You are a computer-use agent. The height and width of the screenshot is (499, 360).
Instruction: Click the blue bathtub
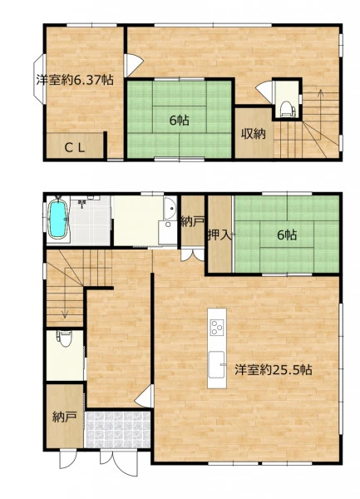[58, 220]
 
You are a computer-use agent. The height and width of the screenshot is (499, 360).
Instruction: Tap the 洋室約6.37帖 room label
[75, 80]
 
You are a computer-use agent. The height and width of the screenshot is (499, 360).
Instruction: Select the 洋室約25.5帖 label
[274, 369]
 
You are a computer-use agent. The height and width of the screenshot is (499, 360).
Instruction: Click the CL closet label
[75, 147]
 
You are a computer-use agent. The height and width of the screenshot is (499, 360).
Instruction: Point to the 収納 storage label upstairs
[253, 134]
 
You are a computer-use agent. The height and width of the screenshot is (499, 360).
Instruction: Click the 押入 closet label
[219, 235]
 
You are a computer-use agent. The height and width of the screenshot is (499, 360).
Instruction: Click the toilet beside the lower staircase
[65, 338]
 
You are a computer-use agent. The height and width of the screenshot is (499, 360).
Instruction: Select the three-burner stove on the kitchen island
[217, 327]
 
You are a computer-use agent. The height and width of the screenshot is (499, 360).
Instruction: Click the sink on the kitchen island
[216, 364]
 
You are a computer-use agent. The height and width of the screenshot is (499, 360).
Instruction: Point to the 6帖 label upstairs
[179, 121]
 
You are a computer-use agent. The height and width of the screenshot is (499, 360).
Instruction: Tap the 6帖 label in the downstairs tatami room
[287, 235]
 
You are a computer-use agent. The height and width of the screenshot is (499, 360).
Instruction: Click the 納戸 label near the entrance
[65, 417]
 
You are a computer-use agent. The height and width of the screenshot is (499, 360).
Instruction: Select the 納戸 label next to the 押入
[193, 221]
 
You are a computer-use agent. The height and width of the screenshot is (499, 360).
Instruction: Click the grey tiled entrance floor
[118, 430]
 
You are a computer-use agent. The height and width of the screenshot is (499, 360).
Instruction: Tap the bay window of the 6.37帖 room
[39, 79]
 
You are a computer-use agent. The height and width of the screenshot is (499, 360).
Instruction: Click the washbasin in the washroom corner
[170, 208]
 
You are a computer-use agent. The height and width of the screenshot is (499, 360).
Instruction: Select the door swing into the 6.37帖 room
[134, 65]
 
